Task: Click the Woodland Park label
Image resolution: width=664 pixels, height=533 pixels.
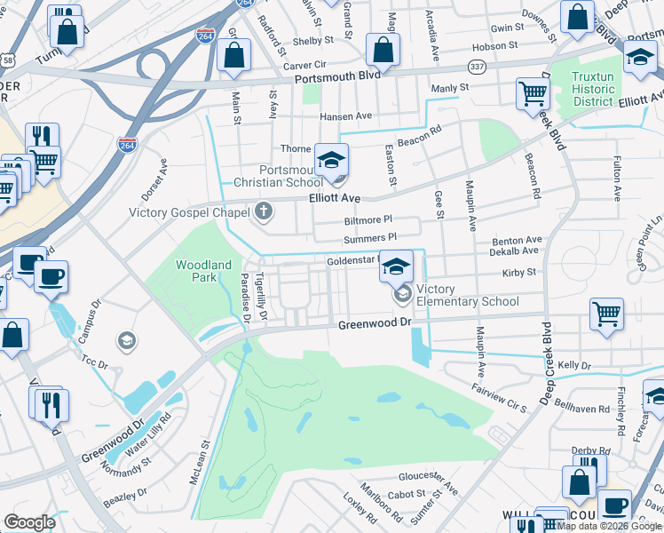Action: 203,271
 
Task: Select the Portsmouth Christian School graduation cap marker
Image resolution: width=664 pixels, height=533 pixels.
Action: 331,161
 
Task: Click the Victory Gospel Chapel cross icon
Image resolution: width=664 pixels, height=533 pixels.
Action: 262,211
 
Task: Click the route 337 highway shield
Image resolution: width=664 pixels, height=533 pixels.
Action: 477,68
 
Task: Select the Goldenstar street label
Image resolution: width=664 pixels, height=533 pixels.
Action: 352,261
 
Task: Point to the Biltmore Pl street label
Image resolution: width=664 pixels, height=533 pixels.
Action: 368,219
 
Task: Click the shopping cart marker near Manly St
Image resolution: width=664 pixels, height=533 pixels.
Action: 533,93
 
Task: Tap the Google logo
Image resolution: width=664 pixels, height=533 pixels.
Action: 30,522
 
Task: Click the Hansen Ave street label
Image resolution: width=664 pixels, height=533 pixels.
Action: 345,116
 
